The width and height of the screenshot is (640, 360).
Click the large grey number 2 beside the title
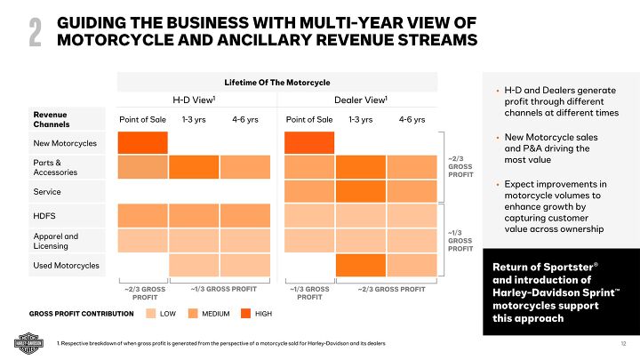point(35,33)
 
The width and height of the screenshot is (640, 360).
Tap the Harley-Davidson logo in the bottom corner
point(28,343)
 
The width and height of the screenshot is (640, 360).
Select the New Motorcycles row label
point(65,143)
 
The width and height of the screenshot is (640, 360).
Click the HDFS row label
point(44,216)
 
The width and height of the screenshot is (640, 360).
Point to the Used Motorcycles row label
point(66,265)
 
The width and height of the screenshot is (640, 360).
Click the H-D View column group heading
point(194,100)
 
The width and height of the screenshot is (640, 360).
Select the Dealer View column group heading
point(361,100)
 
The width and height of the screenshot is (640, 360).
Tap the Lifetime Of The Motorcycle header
point(277,83)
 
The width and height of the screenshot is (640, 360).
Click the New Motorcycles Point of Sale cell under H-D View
point(143,142)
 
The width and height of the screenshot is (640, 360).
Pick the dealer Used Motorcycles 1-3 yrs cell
point(361,265)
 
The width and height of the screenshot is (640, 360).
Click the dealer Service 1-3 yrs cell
point(361,191)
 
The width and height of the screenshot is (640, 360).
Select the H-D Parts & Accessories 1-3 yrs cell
point(194,167)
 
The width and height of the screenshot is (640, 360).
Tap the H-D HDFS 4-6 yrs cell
point(245,215)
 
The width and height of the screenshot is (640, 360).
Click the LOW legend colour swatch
point(151,314)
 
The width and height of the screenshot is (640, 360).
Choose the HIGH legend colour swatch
point(245,314)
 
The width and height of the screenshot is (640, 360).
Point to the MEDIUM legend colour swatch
point(193,314)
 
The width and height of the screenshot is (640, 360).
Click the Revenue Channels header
point(52,120)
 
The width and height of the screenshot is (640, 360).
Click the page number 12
point(623,344)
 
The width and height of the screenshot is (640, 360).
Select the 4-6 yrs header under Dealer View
point(412,120)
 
